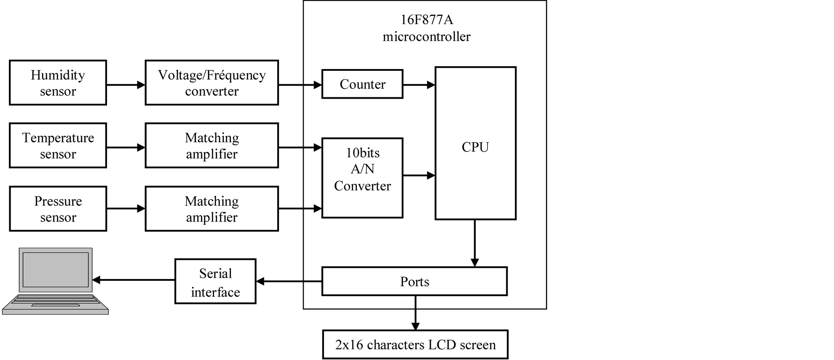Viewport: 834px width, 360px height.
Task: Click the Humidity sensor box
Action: pos(58,83)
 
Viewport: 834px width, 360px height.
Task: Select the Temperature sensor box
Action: pos(58,145)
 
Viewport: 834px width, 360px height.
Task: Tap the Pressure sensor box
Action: pos(58,209)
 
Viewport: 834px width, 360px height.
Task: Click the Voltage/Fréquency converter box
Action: pos(212,83)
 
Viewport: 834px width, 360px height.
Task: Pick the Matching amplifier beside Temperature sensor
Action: pos(212,145)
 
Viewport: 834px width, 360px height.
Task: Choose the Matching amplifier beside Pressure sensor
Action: pos(212,209)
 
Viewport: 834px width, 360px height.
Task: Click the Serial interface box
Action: pos(216,282)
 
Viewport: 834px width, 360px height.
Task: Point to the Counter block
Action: pos(363,84)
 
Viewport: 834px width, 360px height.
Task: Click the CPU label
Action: pos(475,147)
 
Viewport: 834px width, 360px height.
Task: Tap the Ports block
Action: pos(414,282)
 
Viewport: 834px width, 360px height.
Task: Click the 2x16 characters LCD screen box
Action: pos(415,345)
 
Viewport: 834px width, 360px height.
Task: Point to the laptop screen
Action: pos(56,270)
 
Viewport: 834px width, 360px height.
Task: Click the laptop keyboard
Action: pos(56,302)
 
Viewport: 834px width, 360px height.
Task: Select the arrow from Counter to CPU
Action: pos(419,85)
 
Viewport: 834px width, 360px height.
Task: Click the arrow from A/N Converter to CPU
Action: pos(419,176)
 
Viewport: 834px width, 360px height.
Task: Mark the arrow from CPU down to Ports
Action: pos(475,243)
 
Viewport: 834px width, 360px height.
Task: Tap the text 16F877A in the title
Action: pos(426,20)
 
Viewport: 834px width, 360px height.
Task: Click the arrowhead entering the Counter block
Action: pos(318,85)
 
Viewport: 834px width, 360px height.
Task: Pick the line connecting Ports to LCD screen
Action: pos(415,302)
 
